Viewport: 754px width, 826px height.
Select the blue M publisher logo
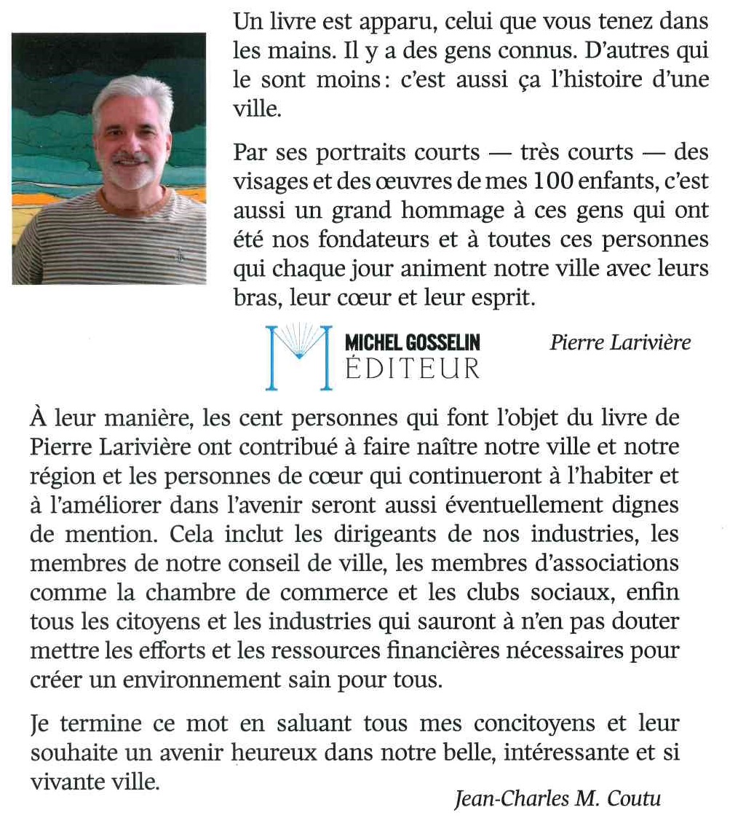tap(299, 355)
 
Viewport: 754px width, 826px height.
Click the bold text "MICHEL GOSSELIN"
tap(412, 342)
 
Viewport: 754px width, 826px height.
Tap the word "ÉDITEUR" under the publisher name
tap(412, 368)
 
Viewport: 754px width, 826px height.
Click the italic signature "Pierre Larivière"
tap(619, 342)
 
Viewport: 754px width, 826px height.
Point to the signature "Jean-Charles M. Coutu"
tap(557, 799)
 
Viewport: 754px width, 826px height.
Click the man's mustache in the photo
tap(131, 157)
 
